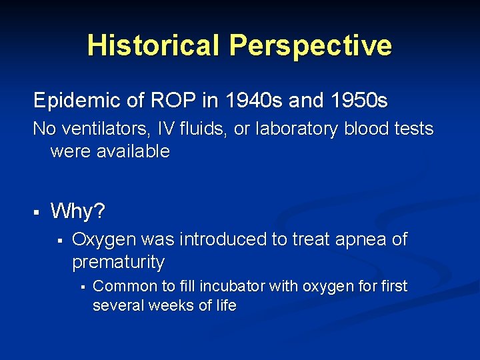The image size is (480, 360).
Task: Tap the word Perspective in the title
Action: pyautogui.click(x=311, y=45)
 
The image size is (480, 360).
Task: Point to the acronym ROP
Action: pyautogui.click(x=171, y=101)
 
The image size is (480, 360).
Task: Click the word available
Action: pyautogui.click(x=132, y=151)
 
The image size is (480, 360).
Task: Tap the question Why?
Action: pyautogui.click(x=77, y=211)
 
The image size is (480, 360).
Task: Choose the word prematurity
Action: pyautogui.click(x=118, y=262)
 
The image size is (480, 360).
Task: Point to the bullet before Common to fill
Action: pyautogui.click(x=81, y=287)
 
